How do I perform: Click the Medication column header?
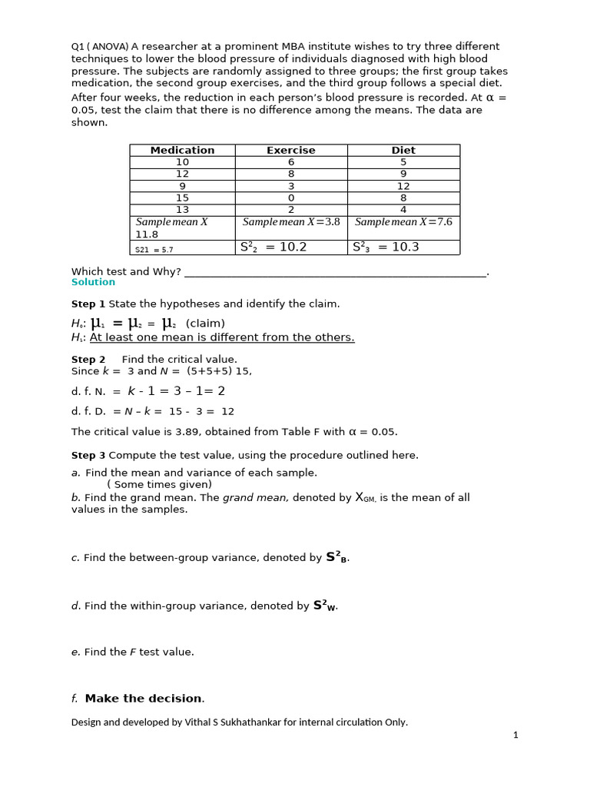click(x=182, y=150)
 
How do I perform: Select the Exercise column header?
click(x=290, y=150)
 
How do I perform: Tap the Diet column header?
click(x=403, y=150)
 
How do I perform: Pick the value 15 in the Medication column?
click(x=182, y=198)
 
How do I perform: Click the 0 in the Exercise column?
click(x=291, y=198)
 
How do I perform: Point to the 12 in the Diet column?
click(x=403, y=186)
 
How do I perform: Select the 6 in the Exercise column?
click(x=291, y=162)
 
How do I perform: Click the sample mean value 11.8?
click(x=147, y=234)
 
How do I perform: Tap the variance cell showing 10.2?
click(x=273, y=247)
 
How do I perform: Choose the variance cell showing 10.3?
click(x=386, y=247)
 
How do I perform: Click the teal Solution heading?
click(x=93, y=282)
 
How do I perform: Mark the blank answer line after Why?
click(x=336, y=272)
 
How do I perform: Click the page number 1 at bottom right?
click(x=515, y=736)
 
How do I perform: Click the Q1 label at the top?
click(x=78, y=47)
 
